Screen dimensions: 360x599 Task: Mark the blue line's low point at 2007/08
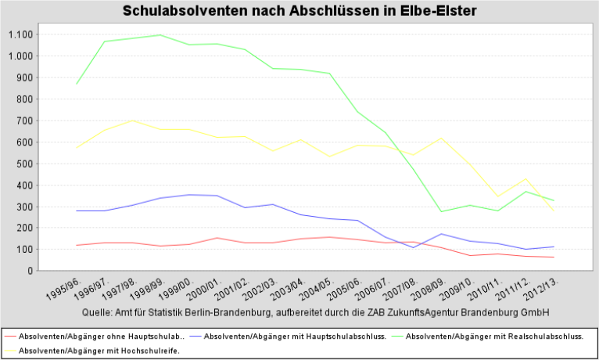click(x=414, y=247)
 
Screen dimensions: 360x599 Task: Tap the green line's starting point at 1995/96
click(x=76, y=84)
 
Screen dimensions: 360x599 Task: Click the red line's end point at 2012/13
click(x=554, y=257)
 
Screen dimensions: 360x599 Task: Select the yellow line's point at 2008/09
click(x=442, y=138)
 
